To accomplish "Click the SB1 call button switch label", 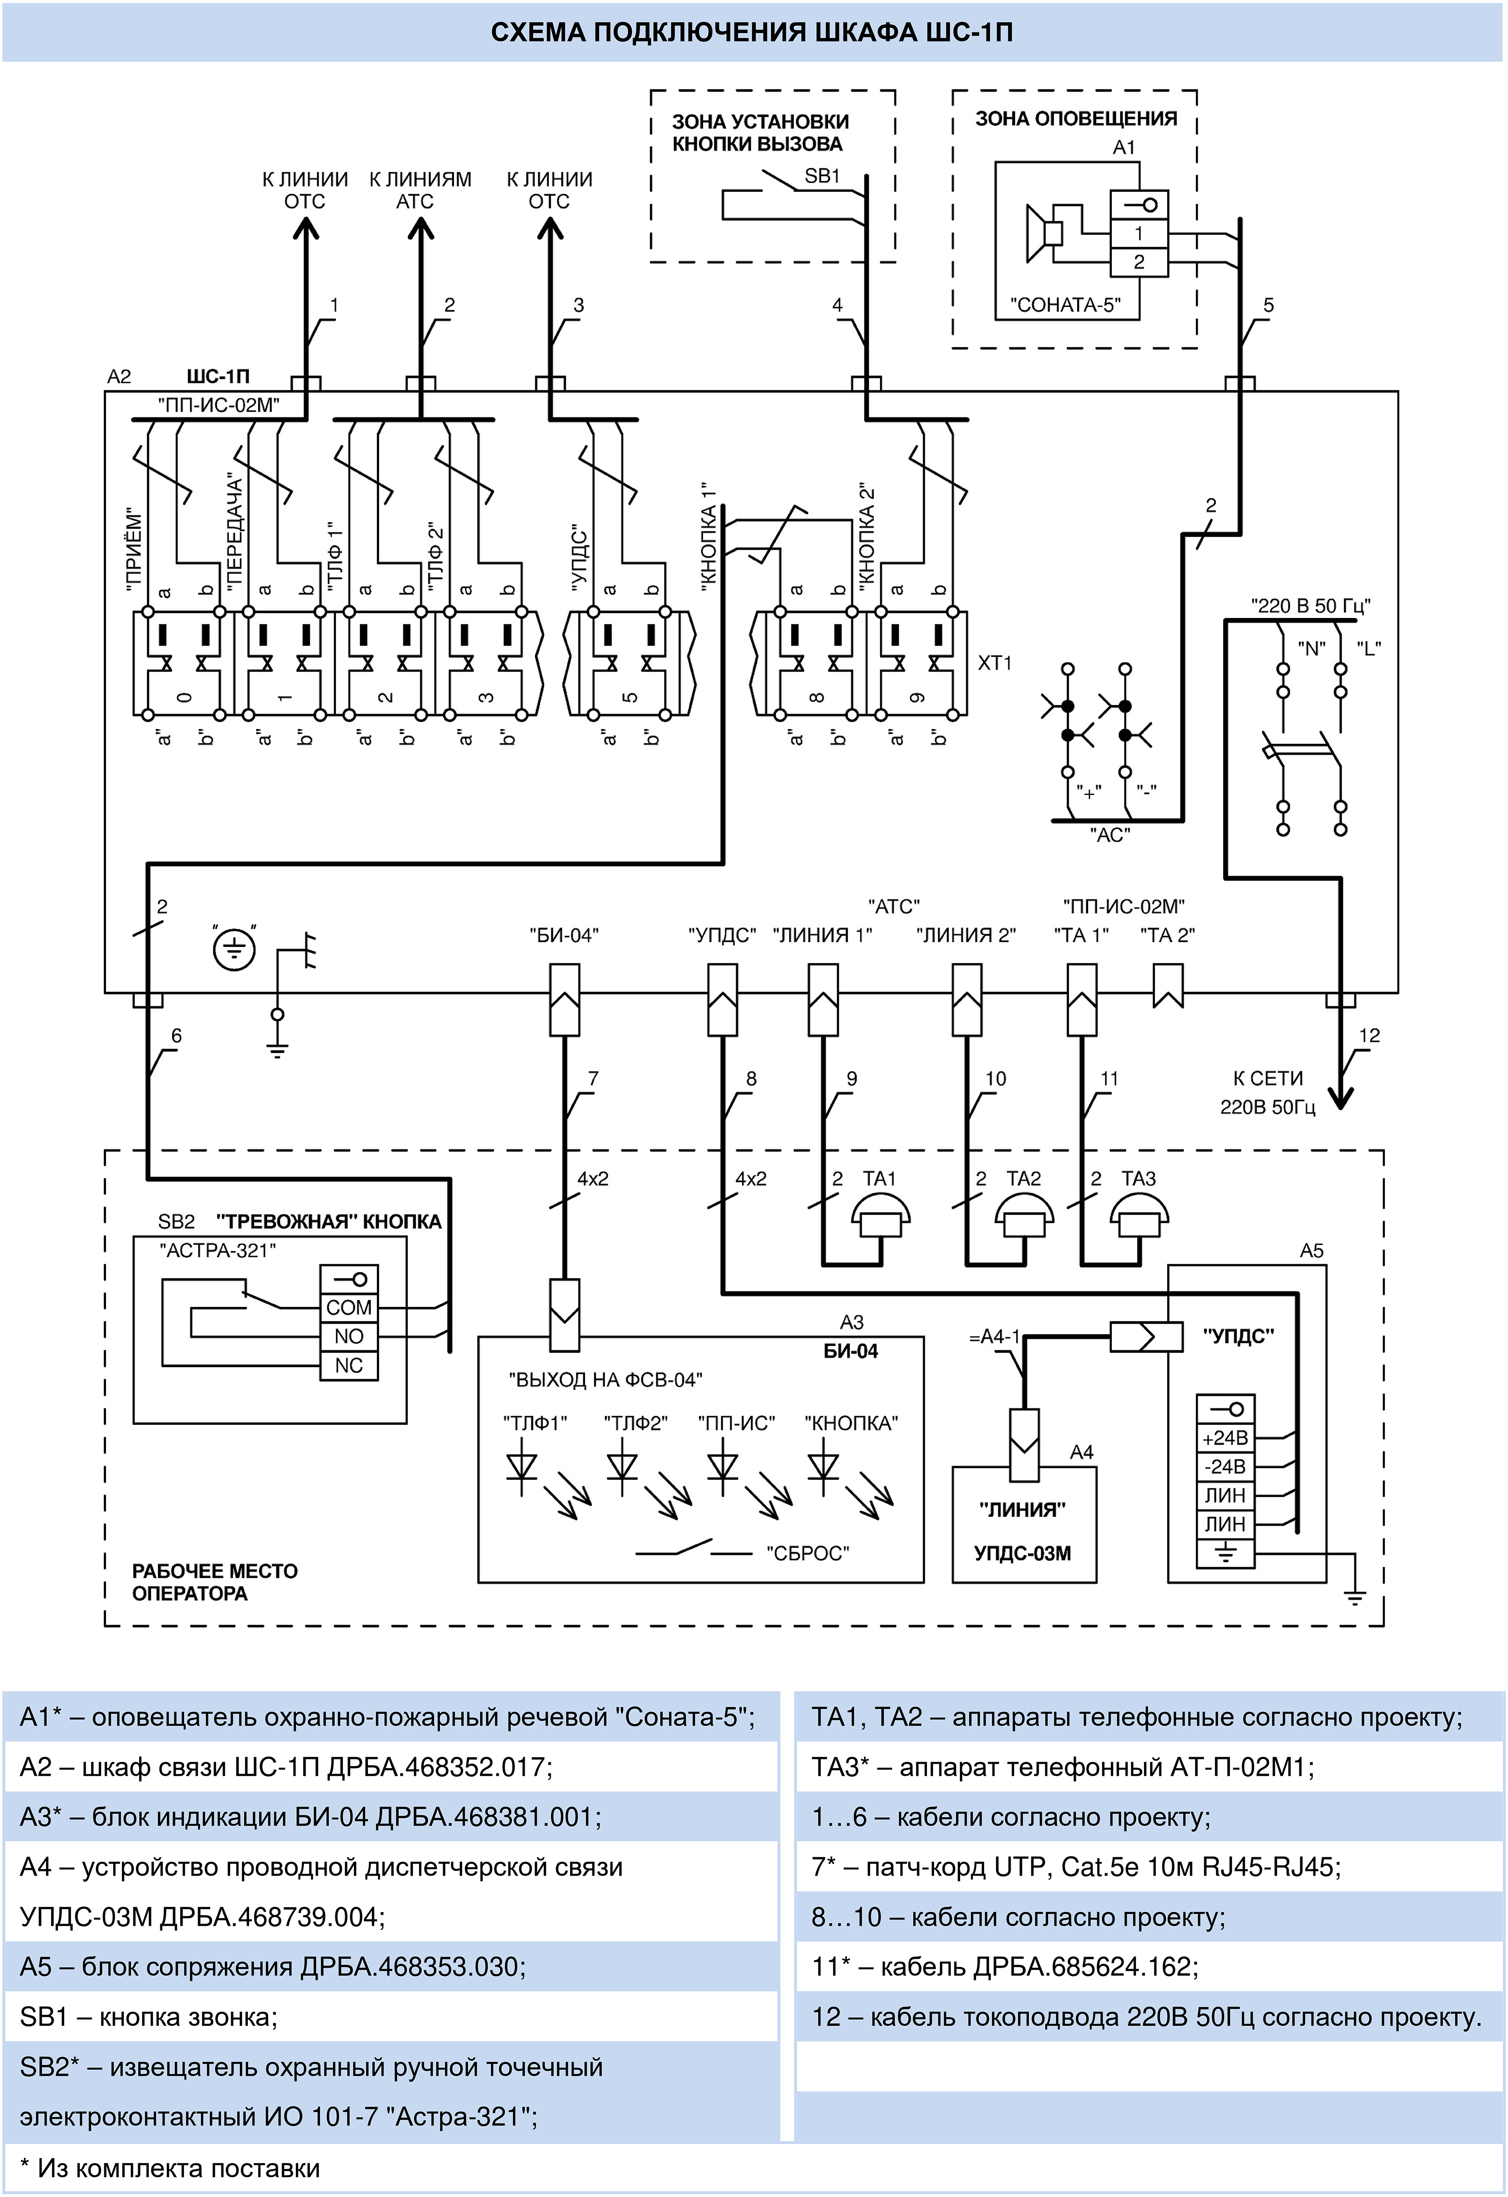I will tap(822, 176).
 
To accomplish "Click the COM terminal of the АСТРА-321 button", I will tap(349, 1307).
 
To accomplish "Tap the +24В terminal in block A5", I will tap(1225, 1438).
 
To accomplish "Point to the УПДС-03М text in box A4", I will tap(1023, 1553).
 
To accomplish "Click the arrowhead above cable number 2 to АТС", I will tap(421, 230).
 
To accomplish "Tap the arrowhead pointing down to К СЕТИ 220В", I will tap(1341, 1097).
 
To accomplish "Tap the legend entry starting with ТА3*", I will tap(1063, 1767).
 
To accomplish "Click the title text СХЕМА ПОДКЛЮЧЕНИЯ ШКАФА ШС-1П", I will tap(753, 33).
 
